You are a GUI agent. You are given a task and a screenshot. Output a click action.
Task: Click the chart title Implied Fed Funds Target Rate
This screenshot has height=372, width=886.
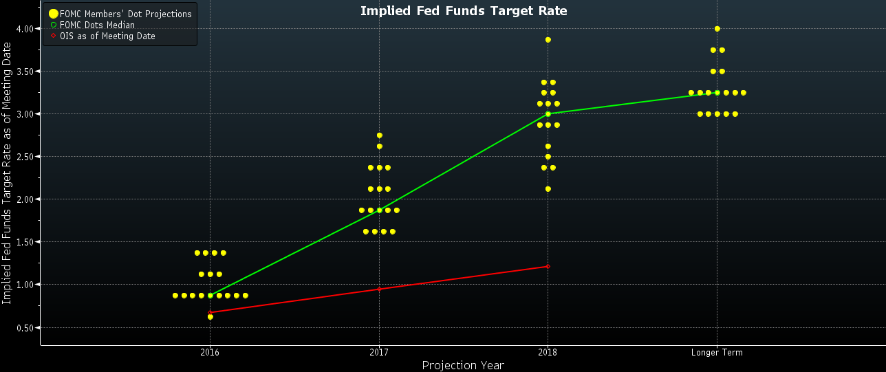click(464, 10)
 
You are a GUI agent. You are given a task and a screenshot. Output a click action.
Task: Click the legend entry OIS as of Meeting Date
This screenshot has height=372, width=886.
click(107, 36)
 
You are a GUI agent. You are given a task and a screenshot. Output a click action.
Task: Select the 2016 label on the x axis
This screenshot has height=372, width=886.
click(210, 353)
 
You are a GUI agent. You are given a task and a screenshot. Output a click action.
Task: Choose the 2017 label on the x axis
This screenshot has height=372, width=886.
click(379, 353)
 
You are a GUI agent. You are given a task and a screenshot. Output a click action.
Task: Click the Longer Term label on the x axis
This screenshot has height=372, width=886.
click(717, 353)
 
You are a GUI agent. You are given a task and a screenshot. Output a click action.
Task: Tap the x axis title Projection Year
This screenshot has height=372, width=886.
click(463, 365)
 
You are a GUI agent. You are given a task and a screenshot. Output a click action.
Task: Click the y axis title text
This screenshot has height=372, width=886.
click(7, 172)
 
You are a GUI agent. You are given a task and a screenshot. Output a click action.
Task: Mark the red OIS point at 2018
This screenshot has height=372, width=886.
click(548, 266)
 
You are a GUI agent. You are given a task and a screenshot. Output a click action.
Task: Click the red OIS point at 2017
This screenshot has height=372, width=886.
click(379, 289)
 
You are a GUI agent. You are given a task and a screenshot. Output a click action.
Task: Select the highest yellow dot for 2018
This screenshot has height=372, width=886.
click(548, 40)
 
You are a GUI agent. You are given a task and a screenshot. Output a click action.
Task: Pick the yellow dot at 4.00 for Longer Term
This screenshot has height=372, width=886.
click(717, 29)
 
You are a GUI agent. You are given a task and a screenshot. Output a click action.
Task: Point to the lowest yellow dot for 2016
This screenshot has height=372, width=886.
click(210, 317)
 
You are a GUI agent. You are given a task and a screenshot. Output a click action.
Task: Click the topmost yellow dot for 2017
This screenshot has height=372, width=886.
click(379, 135)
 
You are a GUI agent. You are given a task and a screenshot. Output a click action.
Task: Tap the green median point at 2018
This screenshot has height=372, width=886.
click(548, 114)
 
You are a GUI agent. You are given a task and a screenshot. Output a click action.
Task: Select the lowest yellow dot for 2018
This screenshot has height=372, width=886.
click(548, 189)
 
